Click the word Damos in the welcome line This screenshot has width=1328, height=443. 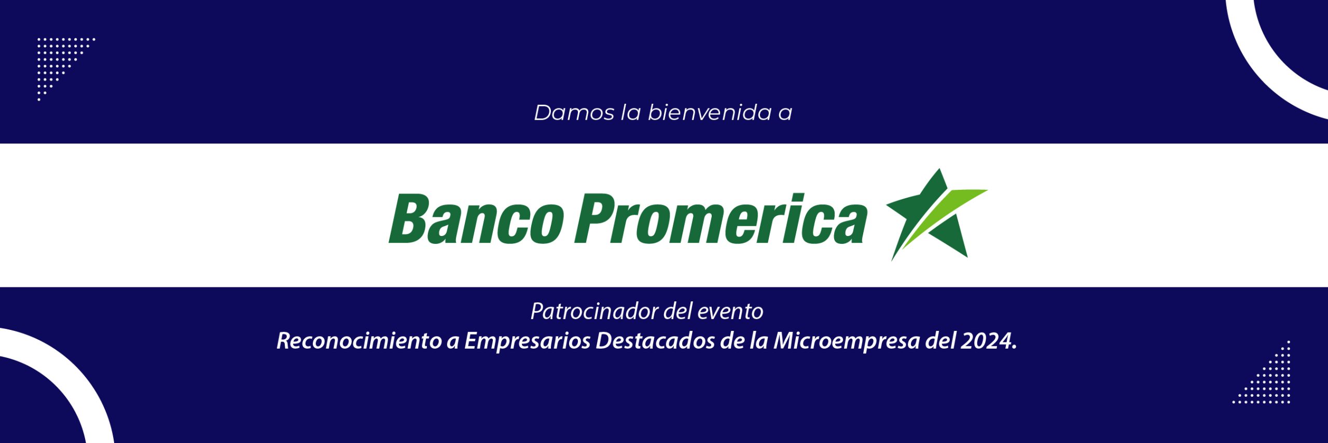[x=574, y=113]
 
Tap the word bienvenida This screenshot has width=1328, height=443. [x=710, y=113]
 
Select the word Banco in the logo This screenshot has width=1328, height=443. [x=476, y=218]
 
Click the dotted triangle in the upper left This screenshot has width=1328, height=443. [x=57, y=60]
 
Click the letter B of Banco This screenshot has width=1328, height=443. [x=409, y=218]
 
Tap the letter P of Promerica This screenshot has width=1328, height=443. [x=597, y=218]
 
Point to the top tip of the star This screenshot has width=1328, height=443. [x=940, y=169]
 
